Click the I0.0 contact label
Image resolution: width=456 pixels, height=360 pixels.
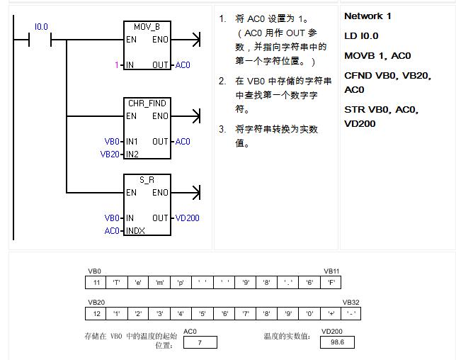pyautogui.click(x=41, y=27)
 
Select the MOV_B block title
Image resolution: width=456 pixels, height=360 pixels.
pyautogui.click(x=147, y=27)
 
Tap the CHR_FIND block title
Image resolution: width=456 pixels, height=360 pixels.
pyautogui.click(x=147, y=103)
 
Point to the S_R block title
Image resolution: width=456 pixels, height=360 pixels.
pyautogui.click(x=147, y=180)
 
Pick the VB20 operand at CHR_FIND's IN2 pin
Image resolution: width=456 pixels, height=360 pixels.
pyautogui.click(x=110, y=154)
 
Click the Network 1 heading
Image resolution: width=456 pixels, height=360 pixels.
pyautogui.click(x=367, y=16)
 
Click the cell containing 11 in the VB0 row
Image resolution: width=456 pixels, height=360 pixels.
pyautogui.click(x=96, y=283)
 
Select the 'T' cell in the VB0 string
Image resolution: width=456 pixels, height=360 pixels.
pyautogui.click(x=117, y=283)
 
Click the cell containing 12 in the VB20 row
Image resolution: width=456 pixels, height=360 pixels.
pyautogui.click(x=96, y=313)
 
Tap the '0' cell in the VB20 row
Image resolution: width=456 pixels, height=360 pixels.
pyautogui.click(x=309, y=313)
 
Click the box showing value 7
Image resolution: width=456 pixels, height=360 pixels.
pyautogui.click(x=200, y=342)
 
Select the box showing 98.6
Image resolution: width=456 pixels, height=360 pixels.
pyautogui.click(x=337, y=342)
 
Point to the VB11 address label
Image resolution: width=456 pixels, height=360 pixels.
pyautogui.click(x=332, y=271)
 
